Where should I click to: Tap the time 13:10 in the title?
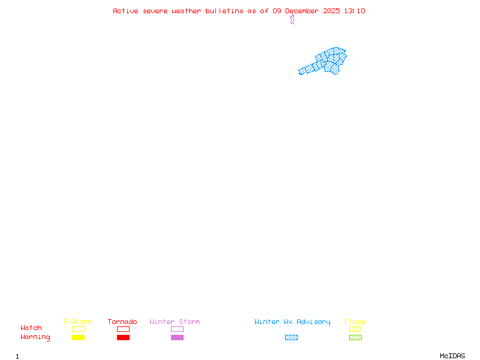[x=355, y=11]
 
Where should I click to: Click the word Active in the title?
[x=126, y=11]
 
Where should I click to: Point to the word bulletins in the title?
[x=224, y=11]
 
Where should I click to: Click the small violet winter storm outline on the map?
[x=292, y=19]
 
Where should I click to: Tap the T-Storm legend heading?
[x=77, y=322]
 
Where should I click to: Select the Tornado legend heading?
[x=122, y=322]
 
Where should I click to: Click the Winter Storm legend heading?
[x=175, y=322]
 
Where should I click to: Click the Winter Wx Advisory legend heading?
[x=292, y=322]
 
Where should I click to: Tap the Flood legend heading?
[x=355, y=322]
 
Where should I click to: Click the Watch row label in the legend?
[x=31, y=328]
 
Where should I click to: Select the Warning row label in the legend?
[x=35, y=337]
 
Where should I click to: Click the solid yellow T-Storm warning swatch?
[x=78, y=338]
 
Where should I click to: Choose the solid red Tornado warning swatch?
[x=123, y=338]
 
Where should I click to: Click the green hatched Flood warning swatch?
[x=355, y=338]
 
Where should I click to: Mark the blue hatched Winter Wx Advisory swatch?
[x=291, y=338]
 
